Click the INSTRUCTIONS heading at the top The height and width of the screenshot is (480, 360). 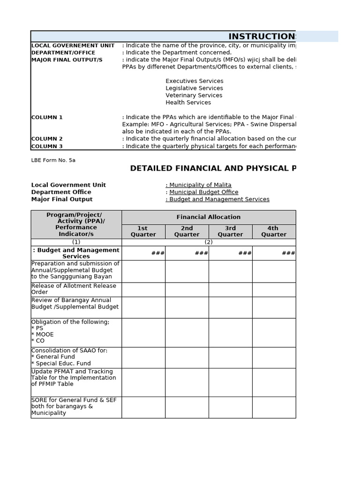[x=262, y=37]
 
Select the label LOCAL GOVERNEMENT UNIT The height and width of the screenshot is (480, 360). [x=73, y=45]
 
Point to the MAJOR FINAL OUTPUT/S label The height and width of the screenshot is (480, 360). [x=67, y=60]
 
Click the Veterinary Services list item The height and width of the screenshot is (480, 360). [x=194, y=95]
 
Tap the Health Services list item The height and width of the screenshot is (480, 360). [x=188, y=102]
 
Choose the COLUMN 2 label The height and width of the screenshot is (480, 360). [x=47, y=139]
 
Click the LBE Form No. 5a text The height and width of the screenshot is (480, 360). [x=53, y=160]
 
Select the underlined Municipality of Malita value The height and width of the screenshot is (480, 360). [x=199, y=185]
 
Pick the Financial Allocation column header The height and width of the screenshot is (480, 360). [x=209, y=217]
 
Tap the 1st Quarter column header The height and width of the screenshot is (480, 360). [x=143, y=232]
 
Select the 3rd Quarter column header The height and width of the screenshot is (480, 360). [x=230, y=232]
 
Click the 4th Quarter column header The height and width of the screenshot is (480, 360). [x=274, y=232]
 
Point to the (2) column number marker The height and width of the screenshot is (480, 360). [x=209, y=242]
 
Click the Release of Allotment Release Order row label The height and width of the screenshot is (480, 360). [x=74, y=289]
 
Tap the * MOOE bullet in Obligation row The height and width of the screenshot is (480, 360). [x=43, y=335]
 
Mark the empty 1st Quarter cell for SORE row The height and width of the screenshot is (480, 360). [x=143, y=407]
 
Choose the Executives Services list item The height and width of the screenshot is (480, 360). [x=194, y=81]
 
